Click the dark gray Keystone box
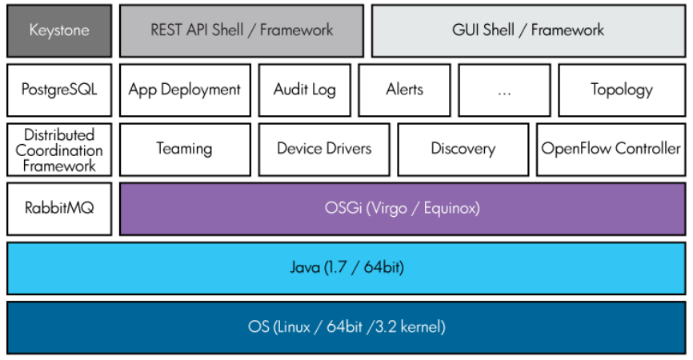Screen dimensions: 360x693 click(x=58, y=30)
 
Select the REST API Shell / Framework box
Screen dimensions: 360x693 click(x=242, y=30)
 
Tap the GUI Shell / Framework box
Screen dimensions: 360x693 click(x=527, y=30)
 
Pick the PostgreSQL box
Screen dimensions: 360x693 click(x=58, y=90)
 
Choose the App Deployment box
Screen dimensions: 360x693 click(x=185, y=90)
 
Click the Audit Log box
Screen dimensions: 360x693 click(x=305, y=90)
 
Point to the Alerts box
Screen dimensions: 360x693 click(x=405, y=90)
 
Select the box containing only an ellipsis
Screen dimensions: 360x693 click(x=504, y=90)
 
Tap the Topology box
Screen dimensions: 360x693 click(x=622, y=90)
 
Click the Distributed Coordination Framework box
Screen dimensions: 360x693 click(x=58, y=150)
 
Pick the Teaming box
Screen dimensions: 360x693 click(x=185, y=149)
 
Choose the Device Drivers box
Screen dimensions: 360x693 click(x=324, y=149)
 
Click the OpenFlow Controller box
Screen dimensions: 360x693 click(x=611, y=149)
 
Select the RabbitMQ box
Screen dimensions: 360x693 click(x=58, y=208)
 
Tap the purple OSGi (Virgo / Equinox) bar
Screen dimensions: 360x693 click(x=403, y=208)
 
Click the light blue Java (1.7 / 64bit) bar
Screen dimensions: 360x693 click(x=346, y=267)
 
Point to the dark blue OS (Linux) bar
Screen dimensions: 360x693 click(x=346, y=326)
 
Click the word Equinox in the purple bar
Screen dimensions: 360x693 click(x=451, y=208)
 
